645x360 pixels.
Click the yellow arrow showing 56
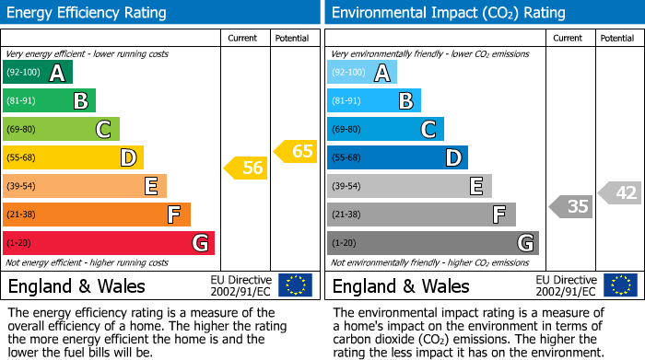coord(246,168)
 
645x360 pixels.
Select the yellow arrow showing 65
coord(296,151)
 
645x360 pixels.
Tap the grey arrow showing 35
coord(571,206)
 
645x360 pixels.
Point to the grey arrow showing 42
coord(620,192)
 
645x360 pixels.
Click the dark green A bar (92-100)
coord(37,73)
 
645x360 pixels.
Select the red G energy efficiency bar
coord(108,243)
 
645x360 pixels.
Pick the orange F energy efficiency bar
coord(96,215)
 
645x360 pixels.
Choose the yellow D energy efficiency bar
coord(73,157)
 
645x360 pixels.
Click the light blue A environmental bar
coord(361,73)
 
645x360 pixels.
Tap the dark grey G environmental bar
coord(432,243)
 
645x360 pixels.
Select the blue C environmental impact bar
coord(384,129)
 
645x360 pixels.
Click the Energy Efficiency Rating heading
coord(88,13)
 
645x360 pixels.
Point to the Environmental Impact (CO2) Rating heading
coord(448,13)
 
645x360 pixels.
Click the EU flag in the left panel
coord(295,285)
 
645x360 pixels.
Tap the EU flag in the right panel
coord(619,285)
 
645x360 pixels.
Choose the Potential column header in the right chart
coord(617,38)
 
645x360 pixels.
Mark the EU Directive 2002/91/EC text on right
coord(567,285)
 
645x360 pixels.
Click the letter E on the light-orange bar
coord(150,186)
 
